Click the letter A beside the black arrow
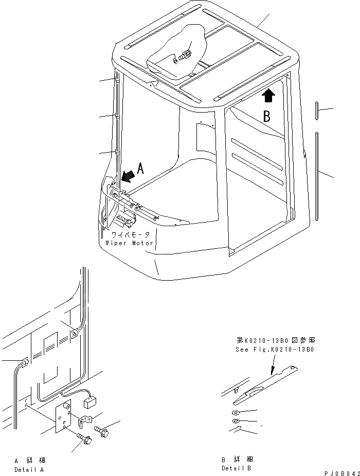pos(141,168)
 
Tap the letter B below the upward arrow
pos(267,117)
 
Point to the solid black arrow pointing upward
pos(268,95)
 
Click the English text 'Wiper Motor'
pos(129,243)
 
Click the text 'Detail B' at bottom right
pos(237,468)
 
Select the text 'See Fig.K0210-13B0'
pos(275,349)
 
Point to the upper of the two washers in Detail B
pos(235,413)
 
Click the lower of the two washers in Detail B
pos(235,422)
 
